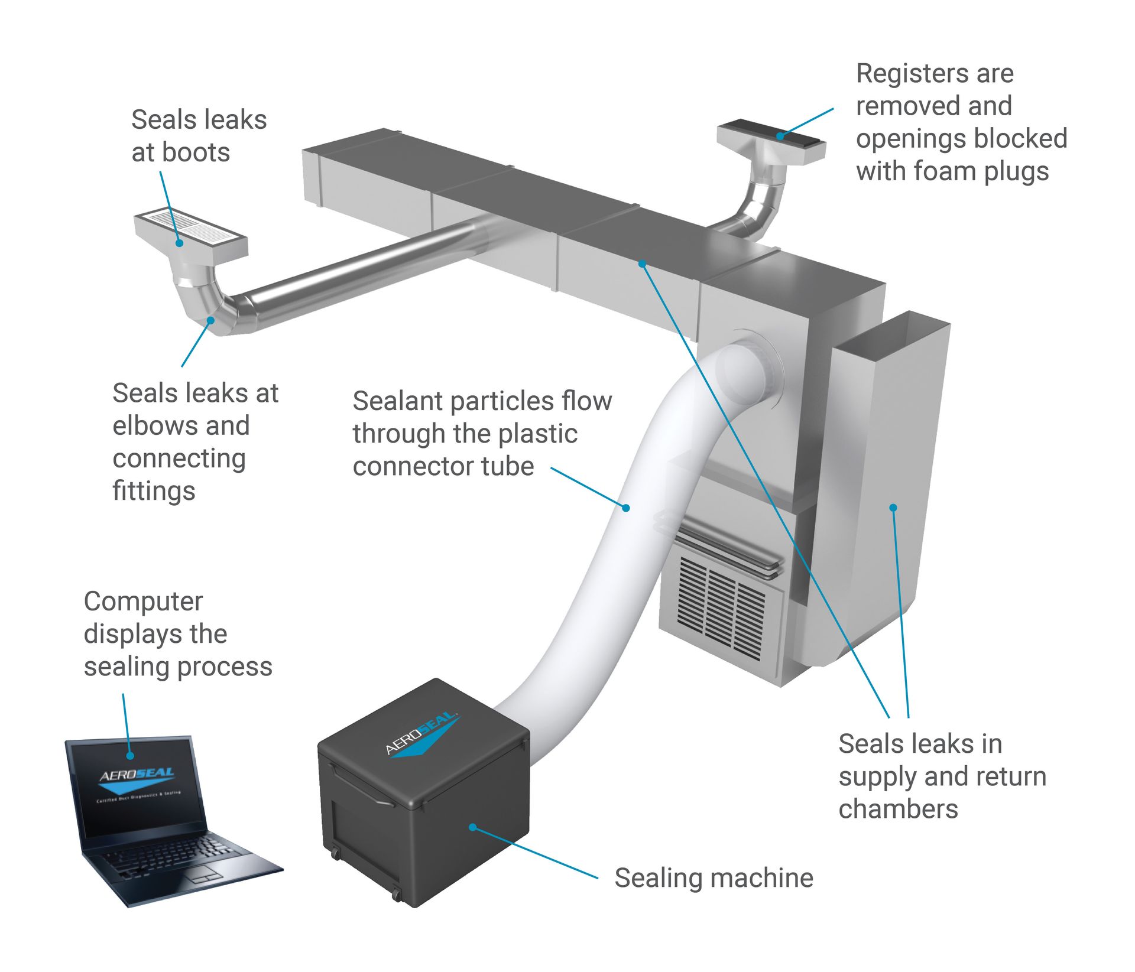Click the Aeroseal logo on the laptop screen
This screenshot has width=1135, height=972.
tap(137, 779)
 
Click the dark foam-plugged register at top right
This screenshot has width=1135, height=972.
tap(771, 134)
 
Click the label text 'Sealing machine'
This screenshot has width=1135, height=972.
tap(714, 877)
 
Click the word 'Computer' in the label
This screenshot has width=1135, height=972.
tap(143, 602)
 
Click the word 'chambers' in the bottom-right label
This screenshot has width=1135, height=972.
tap(897, 809)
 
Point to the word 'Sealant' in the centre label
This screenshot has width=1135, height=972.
tap(397, 401)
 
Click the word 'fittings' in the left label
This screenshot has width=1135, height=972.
tap(154, 491)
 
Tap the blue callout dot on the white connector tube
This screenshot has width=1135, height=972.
tap(626, 507)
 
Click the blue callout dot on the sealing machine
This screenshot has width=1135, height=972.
tap(472, 827)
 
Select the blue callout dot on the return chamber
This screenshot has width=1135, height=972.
tap(893, 507)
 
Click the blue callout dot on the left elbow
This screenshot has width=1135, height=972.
tap(210, 320)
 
